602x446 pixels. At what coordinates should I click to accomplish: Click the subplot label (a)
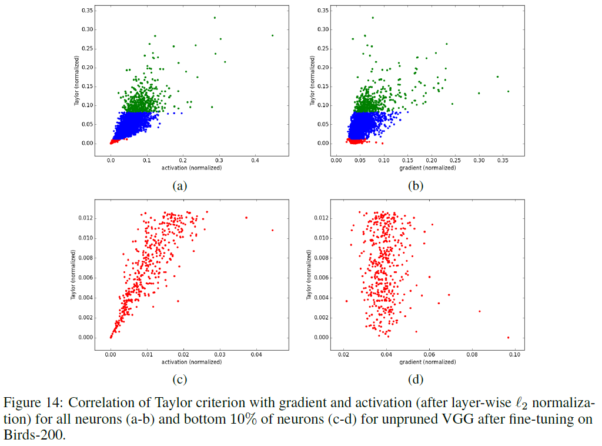[179, 186]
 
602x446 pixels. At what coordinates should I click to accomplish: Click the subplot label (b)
[416, 186]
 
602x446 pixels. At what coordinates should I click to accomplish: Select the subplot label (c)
[179, 380]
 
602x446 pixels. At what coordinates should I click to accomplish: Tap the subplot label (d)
[416, 380]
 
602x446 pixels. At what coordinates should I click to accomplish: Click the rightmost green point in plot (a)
[272, 35]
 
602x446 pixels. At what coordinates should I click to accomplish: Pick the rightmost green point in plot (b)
[508, 91]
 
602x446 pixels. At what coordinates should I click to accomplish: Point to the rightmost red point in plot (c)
[272, 230]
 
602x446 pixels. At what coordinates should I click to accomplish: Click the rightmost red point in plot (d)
[508, 337]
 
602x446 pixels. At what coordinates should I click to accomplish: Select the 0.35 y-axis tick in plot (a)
[86, 11]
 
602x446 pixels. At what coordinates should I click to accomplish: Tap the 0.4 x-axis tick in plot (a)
[255, 160]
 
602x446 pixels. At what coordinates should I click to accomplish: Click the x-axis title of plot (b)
[427, 168]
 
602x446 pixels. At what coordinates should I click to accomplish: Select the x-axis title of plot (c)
[192, 362]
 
